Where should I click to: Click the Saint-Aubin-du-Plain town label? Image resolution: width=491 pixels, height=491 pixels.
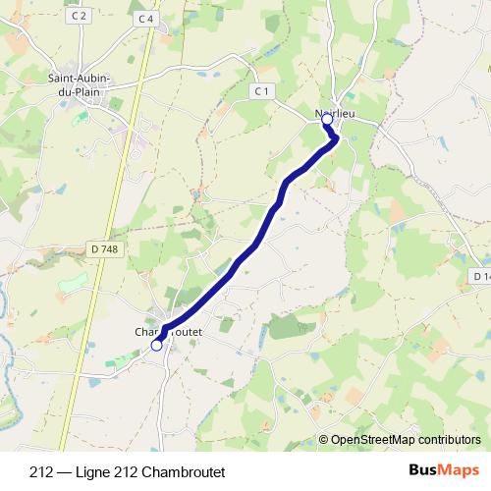tap(81, 83)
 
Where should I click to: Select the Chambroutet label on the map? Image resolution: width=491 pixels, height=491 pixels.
tap(168, 332)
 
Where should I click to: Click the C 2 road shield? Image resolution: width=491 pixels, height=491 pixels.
tap(80, 16)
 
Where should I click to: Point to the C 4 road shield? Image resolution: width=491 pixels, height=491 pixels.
tap(146, 18)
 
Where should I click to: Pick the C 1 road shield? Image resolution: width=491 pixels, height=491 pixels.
tap(260, 90)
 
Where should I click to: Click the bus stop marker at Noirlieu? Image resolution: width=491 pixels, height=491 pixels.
tap(328, 118)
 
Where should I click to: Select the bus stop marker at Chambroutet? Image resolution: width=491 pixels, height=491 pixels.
tap(156, 345)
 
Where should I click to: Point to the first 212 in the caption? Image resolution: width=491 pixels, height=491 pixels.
tap(41, 470)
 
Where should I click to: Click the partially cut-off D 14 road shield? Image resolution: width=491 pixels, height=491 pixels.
tap(481, 278)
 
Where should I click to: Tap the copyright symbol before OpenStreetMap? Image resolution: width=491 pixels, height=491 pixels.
tap(325, 439)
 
